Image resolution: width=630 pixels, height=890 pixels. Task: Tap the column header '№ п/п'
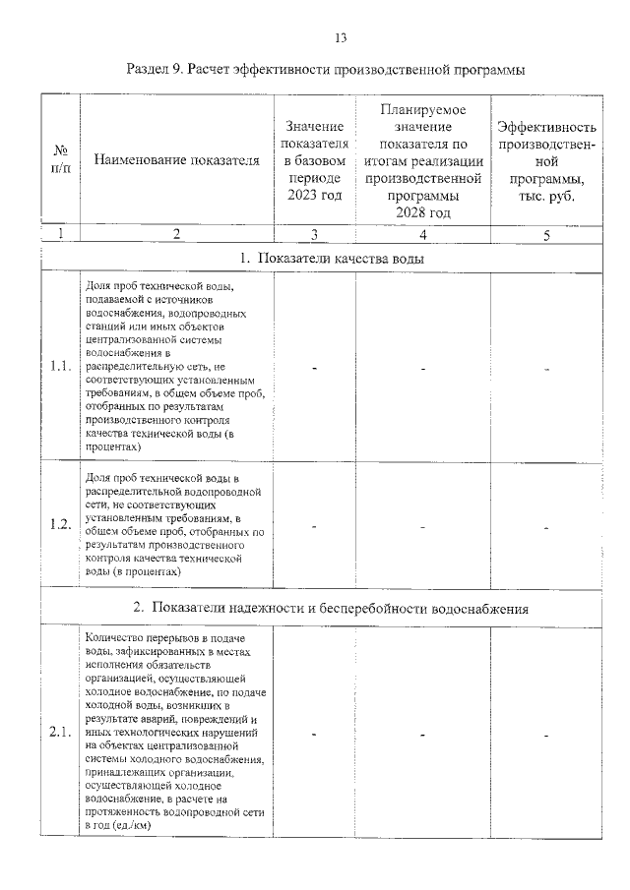[60, 160]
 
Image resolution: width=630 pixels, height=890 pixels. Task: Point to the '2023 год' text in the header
[314, 196]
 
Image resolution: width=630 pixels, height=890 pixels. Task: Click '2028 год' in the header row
[422, 212]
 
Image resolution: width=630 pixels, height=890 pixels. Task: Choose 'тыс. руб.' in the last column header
[546, 196]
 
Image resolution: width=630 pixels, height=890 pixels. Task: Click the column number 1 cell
[60, 234]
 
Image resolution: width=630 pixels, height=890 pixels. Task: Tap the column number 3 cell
[314, 235]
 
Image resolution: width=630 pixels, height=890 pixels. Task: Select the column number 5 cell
[546, 235]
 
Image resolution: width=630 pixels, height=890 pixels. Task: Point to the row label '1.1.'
[60, 367]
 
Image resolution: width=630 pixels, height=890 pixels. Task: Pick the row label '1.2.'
[60, 523]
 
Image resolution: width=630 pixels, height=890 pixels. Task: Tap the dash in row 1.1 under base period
[314, 368]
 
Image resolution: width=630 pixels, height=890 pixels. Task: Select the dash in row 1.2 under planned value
[422, 525]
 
